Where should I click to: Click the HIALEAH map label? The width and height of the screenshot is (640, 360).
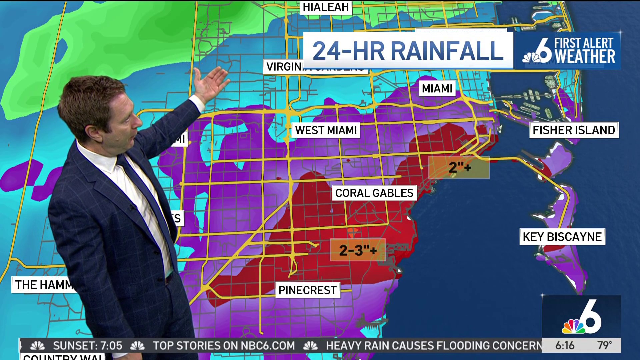coord(326,7)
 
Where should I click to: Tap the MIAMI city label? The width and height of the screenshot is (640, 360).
coord(437,89)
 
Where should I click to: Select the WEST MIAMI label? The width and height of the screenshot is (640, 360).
coord(326,130)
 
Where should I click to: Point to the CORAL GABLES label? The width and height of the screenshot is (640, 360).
coord(374,193)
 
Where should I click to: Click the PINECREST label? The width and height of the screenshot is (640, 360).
coord(307,290)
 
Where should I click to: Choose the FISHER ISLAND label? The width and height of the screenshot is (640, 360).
coord(574,130)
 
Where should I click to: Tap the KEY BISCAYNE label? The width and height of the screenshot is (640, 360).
coord(562,237)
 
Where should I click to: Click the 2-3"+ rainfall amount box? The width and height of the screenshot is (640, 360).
coord(358,250)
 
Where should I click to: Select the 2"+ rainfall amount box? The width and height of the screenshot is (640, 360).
coord(459,167)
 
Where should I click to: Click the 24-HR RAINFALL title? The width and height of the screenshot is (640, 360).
coord(408,51)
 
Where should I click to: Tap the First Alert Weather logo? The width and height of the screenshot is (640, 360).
coord(568,51)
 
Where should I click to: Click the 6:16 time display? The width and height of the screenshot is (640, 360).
coord(565,346)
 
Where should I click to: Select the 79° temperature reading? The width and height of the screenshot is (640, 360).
coord(604,346)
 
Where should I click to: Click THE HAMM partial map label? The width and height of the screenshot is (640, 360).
coord(43,285)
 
